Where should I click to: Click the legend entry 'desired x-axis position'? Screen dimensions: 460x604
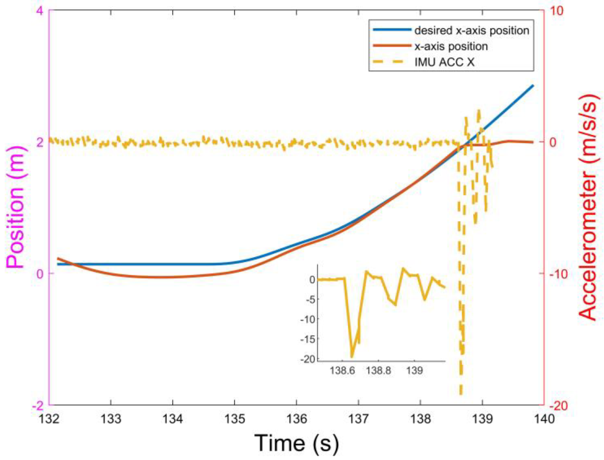pos(471,30)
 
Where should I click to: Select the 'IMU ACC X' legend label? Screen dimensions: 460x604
pos(444,62)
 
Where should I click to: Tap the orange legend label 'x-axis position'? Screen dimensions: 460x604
pos(451,46)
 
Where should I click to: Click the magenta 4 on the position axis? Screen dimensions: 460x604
pos(40,11)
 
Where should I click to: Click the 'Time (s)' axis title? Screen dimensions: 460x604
pos(297,443)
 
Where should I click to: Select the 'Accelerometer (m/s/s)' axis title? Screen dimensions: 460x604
pos(588,208)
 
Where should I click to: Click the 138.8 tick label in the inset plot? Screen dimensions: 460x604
pos(379,371)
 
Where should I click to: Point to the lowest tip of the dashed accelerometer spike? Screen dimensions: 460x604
pos(461,394)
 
